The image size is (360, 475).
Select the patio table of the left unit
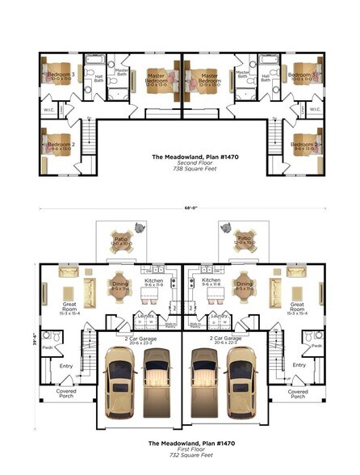click(x=120, y=242)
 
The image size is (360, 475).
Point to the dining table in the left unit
click(x=119, y=286)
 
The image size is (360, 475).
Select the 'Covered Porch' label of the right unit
click(x=298, y=393)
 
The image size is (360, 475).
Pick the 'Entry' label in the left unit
click(x=66, y=365)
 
